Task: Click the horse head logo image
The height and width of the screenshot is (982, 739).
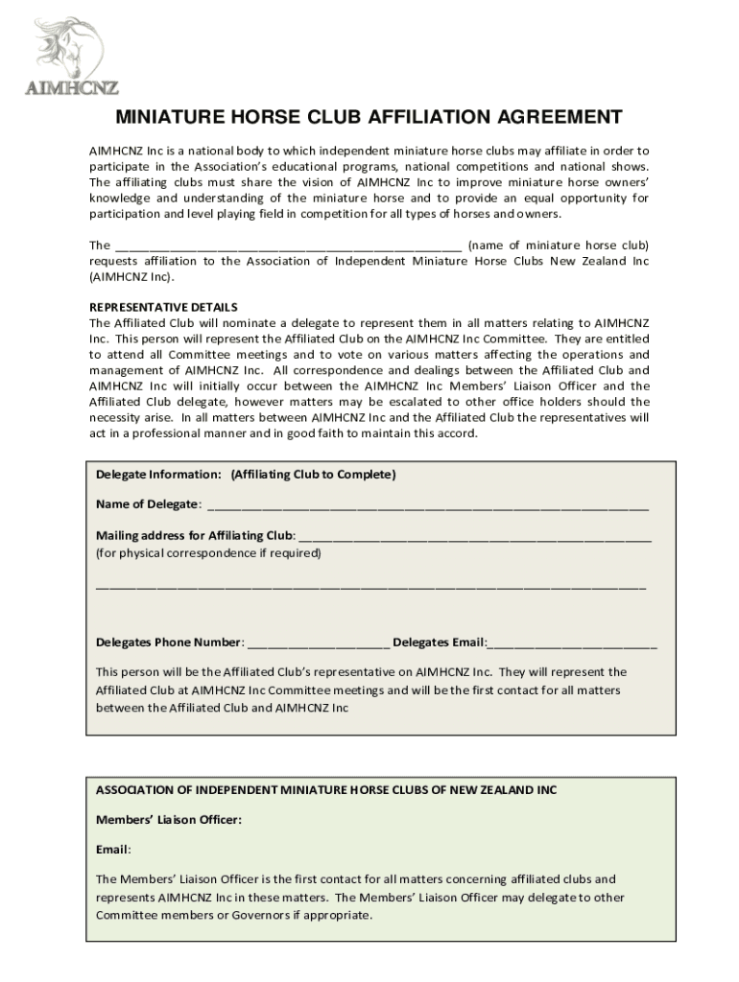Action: [69, 48]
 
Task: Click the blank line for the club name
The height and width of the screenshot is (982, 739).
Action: [288, 245]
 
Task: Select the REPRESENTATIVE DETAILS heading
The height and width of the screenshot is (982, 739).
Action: [163, 307]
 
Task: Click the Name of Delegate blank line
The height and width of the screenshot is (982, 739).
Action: [427, 505]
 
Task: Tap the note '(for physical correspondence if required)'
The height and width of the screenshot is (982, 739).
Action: [208, 553]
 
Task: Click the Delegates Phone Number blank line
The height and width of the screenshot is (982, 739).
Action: [318, 643]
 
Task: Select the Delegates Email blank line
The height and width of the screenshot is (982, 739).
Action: [573, 643]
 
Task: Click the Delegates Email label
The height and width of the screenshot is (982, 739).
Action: [440, 642]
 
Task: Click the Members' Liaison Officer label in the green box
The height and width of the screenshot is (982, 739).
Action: [169, 820]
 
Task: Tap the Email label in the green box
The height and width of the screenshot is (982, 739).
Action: [113, 850]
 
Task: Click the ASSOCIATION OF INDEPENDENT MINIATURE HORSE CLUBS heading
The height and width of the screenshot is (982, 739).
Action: [325, 790]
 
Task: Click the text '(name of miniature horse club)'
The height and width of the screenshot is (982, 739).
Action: [559, 245]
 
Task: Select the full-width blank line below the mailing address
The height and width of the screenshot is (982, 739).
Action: [370, 585]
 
